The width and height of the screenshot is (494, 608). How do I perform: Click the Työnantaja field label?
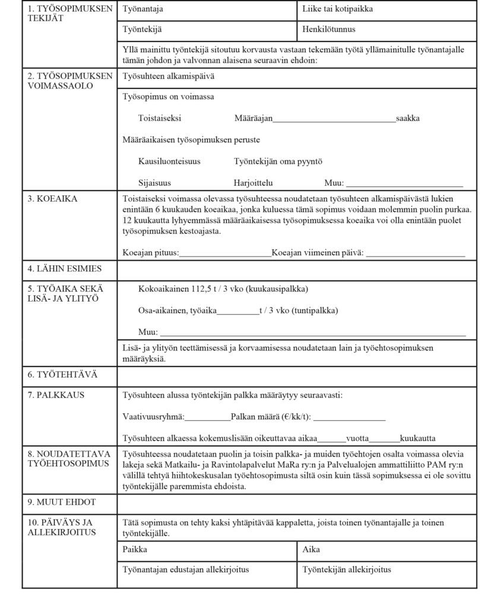pos(142,9)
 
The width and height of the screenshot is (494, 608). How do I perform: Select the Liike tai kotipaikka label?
pos(337,9)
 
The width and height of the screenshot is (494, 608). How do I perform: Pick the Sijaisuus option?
pos(155,183)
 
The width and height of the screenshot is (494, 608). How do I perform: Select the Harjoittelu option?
pos(254,183)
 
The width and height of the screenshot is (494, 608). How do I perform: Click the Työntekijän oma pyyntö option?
pos(278,161)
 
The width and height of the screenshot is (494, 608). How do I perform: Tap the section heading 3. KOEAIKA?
pos(52,199)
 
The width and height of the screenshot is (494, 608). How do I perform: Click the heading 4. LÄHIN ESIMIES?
pos(65,269)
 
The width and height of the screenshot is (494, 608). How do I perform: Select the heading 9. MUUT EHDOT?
pos(62,502)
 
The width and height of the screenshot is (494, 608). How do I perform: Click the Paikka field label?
pos(135,550)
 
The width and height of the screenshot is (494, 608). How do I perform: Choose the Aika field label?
pos(311,550)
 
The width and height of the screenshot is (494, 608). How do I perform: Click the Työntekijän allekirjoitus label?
pos(347,570)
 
